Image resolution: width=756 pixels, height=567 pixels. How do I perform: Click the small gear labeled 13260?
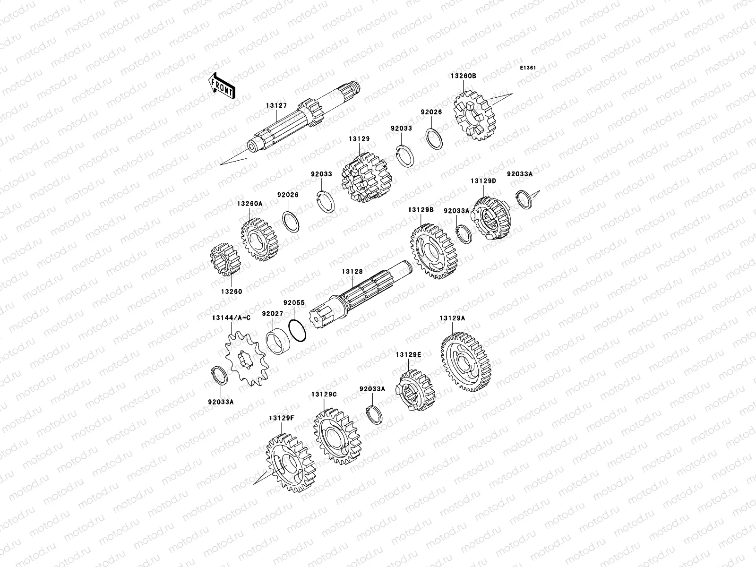click(225, 259)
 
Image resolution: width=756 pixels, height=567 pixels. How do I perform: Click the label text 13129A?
click(452, 318)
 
